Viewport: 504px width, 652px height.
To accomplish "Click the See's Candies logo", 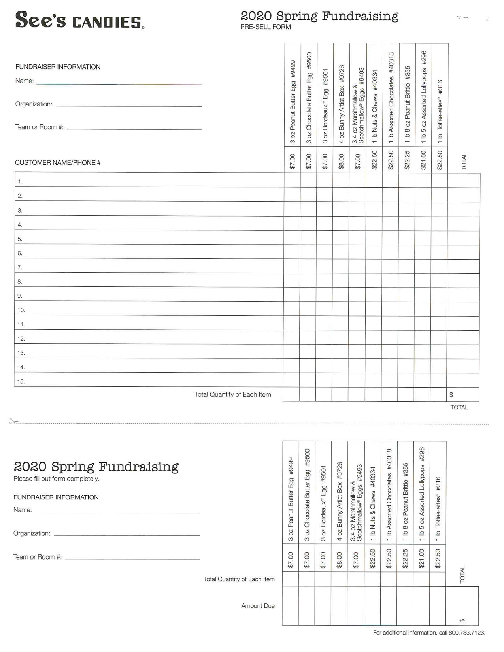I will (79, 20).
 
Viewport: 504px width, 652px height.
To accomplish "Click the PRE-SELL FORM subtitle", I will (265, 27).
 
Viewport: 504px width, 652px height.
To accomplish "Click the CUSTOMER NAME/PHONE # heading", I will (58, 163).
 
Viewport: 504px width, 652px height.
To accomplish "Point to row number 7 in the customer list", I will (20, 268).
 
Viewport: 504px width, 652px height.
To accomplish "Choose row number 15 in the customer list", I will (21, 381).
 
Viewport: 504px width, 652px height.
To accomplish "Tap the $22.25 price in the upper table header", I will (407, 160).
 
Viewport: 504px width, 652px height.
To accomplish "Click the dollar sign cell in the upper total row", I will (462, 394).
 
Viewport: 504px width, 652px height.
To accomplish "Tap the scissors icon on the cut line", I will (13, 421).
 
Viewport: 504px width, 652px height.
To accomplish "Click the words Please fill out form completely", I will (56, 479).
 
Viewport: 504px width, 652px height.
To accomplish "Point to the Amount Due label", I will (258, 606).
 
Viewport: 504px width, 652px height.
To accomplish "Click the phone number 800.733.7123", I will (467, 633).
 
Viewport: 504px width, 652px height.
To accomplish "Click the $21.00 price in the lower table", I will (421, 558).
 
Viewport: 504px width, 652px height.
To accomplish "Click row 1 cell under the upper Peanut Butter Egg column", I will (292, 180).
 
